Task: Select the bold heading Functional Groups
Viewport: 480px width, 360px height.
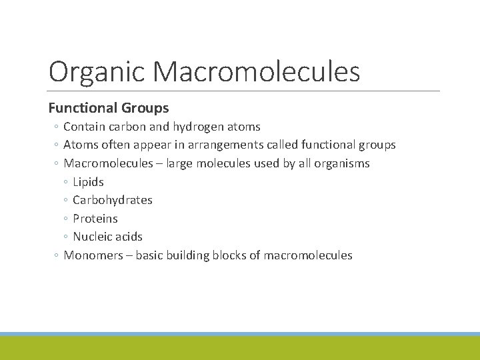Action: pyautogui.click(x=109, y=107)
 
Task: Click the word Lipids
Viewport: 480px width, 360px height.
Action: pyautogui.click(x=88, y=181)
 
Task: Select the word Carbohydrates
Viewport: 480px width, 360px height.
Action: pyautogui.click(x=113, y=200)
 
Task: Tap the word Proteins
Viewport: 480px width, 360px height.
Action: pyautogui.click(x=95, y=219)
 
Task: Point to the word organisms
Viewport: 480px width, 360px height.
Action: pyautogui.click(x=341, y=163)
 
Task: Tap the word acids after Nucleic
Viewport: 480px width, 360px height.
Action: pyautogui.click(x=129, y=237)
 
